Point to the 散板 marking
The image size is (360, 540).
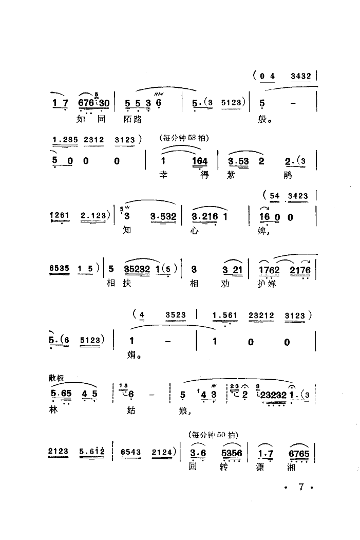[x=55, y=379]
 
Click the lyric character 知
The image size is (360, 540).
[x=127, y=230]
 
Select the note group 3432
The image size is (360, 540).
[x=300, y=77]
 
